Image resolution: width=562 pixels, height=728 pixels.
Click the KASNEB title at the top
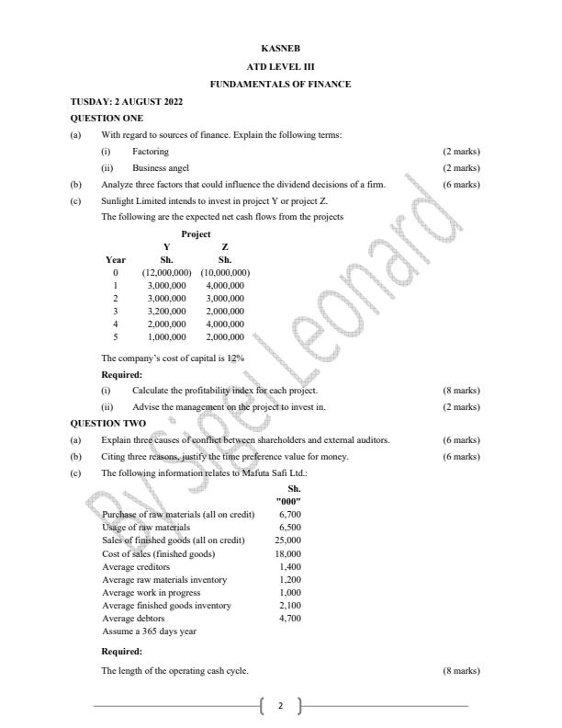coord(280,48)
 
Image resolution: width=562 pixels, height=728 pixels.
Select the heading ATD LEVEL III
coord(280,66)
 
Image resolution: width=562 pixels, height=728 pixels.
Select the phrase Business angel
coord(161,168)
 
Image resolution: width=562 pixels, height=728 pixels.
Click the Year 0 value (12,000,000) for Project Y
coord(166,273)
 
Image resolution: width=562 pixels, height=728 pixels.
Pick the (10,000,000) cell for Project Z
coord(225,273)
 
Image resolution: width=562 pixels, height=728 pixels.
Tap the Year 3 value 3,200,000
coord(166,312)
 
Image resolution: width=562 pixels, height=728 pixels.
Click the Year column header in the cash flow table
coord(116,260)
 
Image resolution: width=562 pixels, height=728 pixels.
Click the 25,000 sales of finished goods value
coord(288,540)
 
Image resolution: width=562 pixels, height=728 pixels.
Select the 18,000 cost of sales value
coord(288,554)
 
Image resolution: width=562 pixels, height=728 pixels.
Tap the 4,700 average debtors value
coord(289,619)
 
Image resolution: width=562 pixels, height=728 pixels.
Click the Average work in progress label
coord(146,593)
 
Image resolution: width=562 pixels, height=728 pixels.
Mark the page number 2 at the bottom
coord(280,706)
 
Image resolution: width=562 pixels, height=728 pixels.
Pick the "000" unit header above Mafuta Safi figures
coord(288,501)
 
